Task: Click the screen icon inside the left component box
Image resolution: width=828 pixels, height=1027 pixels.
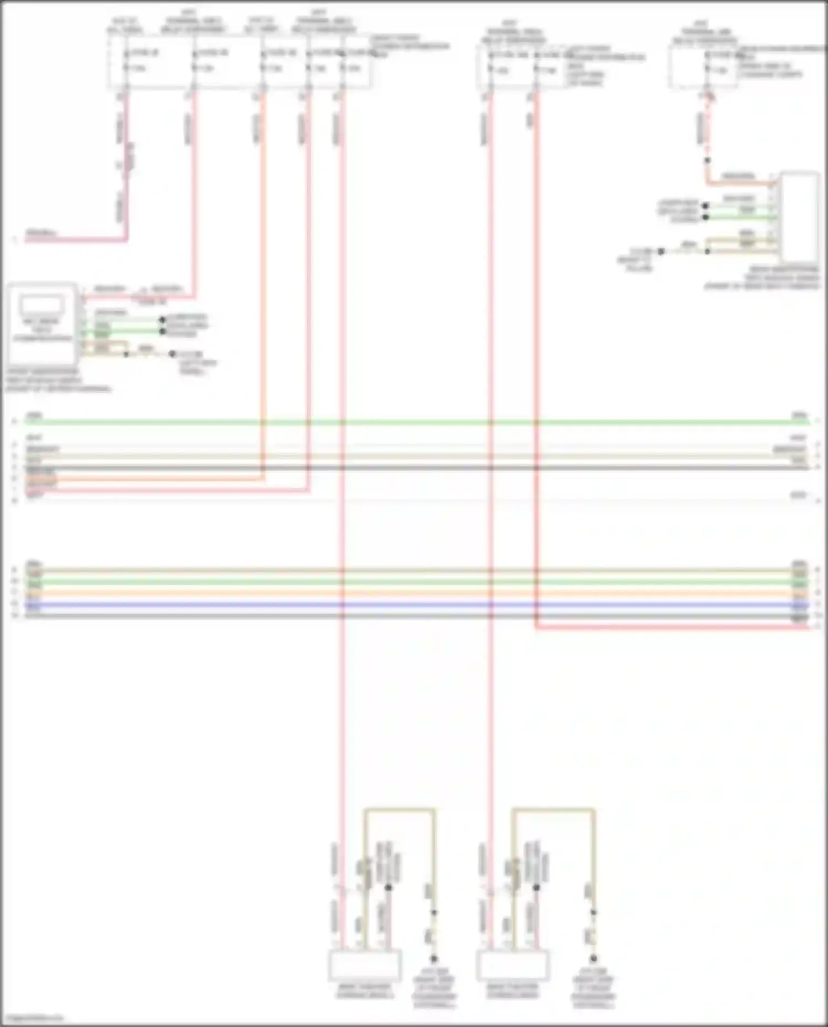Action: (41, 305)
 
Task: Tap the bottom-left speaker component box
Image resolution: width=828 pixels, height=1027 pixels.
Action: (365, 965)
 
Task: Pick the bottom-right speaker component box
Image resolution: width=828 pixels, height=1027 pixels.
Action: (513, 965)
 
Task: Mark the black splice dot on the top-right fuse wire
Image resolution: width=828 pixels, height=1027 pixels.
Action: (707, 161)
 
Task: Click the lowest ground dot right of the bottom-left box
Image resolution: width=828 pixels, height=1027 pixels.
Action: (434, 959)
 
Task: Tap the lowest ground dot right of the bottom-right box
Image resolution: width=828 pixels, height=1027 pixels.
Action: (593, 959)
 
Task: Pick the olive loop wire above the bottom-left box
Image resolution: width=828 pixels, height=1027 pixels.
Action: (399, 810)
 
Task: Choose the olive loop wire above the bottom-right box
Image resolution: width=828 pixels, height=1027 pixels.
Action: (553, 810)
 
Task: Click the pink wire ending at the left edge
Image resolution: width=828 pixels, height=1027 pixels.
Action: (72, 240)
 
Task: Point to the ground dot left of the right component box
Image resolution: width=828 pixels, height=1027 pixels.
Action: (661, 251)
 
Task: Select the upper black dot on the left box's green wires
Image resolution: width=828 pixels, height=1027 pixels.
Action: (162, 320)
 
